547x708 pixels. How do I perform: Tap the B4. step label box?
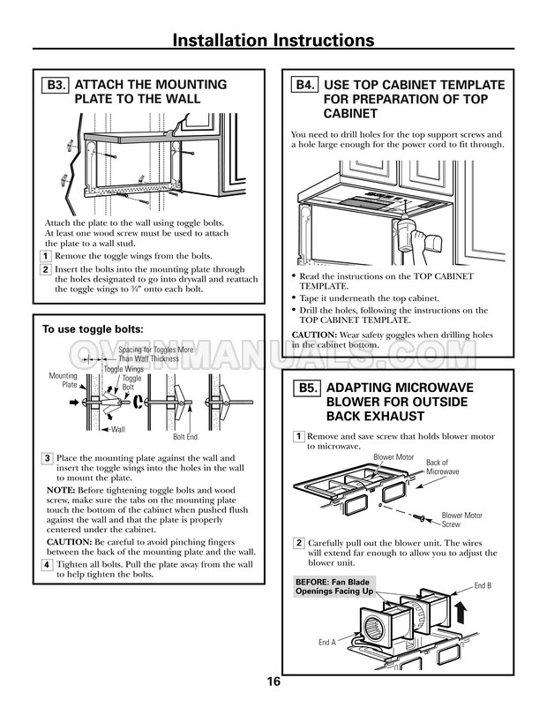point(304,86)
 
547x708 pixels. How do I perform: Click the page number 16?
point(273,682)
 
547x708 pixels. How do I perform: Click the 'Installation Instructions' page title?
point(273,41)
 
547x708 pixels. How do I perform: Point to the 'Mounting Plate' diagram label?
point(64,380)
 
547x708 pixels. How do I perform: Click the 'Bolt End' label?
point(185,436)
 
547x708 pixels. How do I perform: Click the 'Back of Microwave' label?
point(443,467)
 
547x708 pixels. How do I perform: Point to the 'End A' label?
point(327,643)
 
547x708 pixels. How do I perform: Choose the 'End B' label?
point(483,585)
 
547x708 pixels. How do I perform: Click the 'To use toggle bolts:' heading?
point(93,329)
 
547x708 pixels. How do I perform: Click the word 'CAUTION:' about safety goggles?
point(311,335)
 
